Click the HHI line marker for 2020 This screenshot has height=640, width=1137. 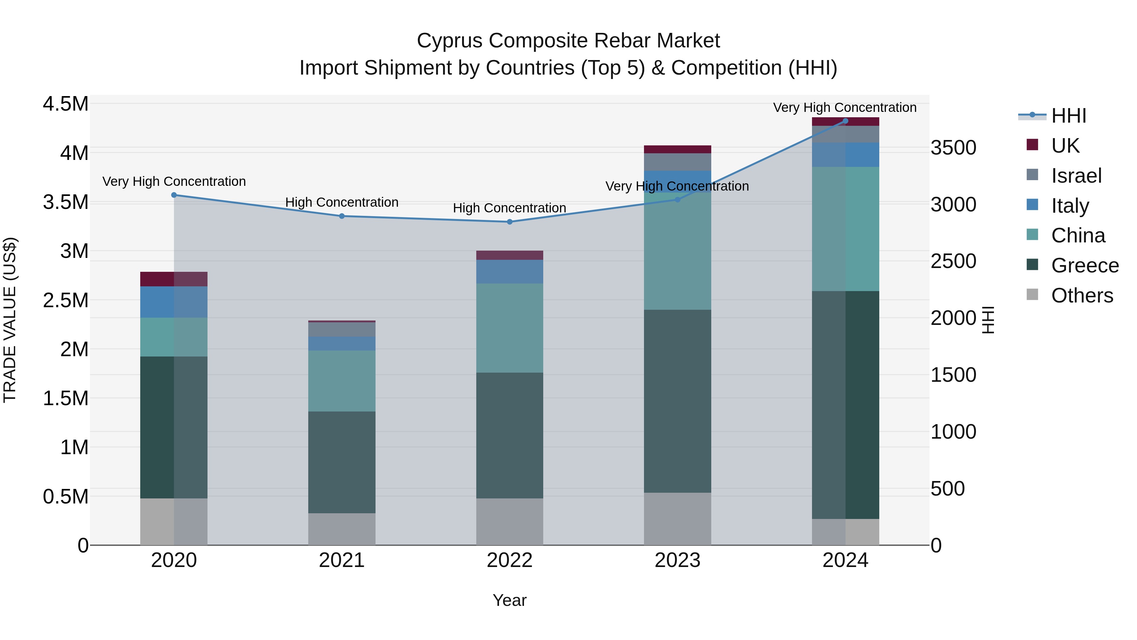pos(174,195)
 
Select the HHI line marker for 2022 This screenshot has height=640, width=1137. pos(509,222)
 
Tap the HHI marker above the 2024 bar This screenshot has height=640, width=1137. pos(845,121)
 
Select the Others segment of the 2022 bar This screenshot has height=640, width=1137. pos(509,521)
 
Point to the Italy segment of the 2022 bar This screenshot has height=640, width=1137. pos(509,271)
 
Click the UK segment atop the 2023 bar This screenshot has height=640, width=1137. pos(677,149)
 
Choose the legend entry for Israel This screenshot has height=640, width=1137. pos(1076,175)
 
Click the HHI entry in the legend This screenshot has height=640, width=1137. pos(1068,116)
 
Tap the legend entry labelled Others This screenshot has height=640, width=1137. pos(1081,296)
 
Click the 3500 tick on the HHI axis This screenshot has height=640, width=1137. pos(954,148)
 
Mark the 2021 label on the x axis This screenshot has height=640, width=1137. pos(342,560)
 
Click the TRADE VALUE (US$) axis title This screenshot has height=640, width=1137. pos(10,320)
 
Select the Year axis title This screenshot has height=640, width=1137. pos(509,600)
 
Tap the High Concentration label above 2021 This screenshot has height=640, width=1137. pos(342,202)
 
